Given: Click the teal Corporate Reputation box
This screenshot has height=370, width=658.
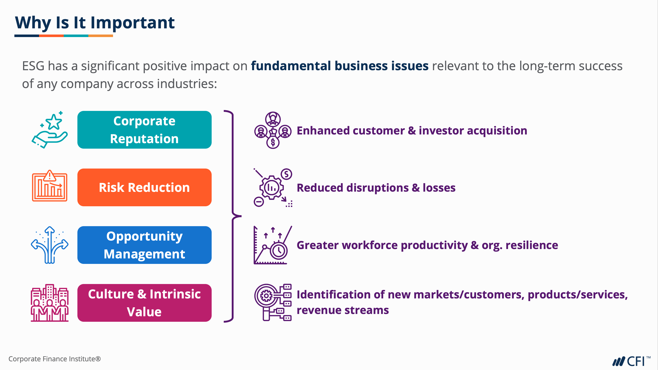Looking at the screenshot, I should click(x=144, y=130).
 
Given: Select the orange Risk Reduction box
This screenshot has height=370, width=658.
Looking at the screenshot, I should click(x=144, y=187).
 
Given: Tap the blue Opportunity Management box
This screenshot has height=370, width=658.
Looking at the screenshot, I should click(x=144, y=245).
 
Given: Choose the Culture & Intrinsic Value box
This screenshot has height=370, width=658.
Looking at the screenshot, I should click(x=144, y=303).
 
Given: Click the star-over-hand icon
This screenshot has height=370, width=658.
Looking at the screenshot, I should click(x=50, y=130).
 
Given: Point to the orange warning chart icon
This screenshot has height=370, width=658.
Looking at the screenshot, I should click(x=50, y=186).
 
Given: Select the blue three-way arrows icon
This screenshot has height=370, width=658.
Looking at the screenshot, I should click(x=50, y=245).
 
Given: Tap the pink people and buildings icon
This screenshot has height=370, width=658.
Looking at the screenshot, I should click(x=50, y=303).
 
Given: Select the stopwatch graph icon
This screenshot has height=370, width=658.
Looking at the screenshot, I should click(x=273, y=245).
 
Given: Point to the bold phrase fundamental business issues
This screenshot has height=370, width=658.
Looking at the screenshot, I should click(x=340, y=66).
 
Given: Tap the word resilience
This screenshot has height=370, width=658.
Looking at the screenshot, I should click(x=532, y=245).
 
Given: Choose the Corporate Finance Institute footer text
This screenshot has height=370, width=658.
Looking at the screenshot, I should click(x=55, y=359).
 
